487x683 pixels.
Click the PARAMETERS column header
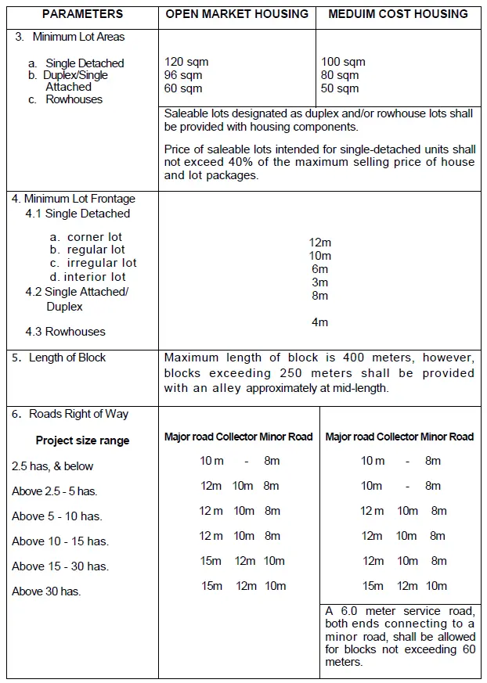[x=82, y=14]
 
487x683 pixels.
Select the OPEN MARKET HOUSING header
[x=237, y=14]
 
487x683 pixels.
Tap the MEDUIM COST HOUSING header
[x=398, y=14]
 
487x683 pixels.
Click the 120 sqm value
[x=186, y=62]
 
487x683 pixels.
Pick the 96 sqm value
[x=183, y=75]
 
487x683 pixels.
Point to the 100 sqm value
[x=343, y=62]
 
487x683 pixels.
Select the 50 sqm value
[x=340, y=88]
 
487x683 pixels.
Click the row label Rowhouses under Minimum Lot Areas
[x=74, y=99]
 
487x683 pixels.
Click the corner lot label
[x=95, y=236]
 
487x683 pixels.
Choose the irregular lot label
[x=102, y=263]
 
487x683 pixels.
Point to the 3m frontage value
[x=319, y=282]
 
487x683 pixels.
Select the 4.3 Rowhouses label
[x=65, y=332]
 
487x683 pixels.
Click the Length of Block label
[x=67, y=358]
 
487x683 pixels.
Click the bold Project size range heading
[x=82, y=440]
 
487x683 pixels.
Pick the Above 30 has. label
[x=46, y=591]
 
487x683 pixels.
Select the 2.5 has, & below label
[x=52, y=466]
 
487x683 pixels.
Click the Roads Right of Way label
[x=78, y=414]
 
